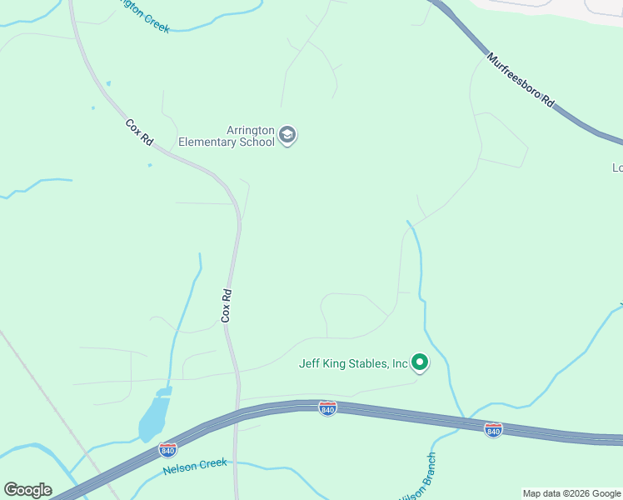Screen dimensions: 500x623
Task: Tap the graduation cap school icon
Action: pyautogui.click(x=287, y=135)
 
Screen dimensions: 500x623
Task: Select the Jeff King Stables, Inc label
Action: pyautogui.click(x=354, y=363)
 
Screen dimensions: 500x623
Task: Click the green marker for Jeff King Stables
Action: pyautogui.click(x=420, y=362)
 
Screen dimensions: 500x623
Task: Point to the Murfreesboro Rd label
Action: pyautogui.click(x=521, y=80)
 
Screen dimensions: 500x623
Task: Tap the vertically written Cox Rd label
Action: pyautogui.click(x=225, y=306)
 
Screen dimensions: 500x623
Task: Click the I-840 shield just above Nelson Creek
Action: pyautogui.click(x=167, y=449)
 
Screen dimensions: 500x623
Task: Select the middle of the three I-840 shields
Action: pyautogui.click(x=327, y=408)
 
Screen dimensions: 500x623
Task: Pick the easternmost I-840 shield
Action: pyautogui.click(x=493, y=429)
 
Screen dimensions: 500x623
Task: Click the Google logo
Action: pyautogui.click(x=27, y=490)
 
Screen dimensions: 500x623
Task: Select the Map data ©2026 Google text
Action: pyautogui.click(x=572, y=493)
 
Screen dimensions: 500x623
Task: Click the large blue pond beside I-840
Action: pyautogui.click(x=153, y=417)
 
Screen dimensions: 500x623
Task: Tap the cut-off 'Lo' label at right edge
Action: pyautogui.click(x=617, y=167)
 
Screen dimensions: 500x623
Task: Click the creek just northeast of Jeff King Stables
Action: pyautogui.click(x=421, y=275)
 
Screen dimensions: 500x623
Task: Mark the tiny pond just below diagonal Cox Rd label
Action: pyautogui.click(x=150, y=164)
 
